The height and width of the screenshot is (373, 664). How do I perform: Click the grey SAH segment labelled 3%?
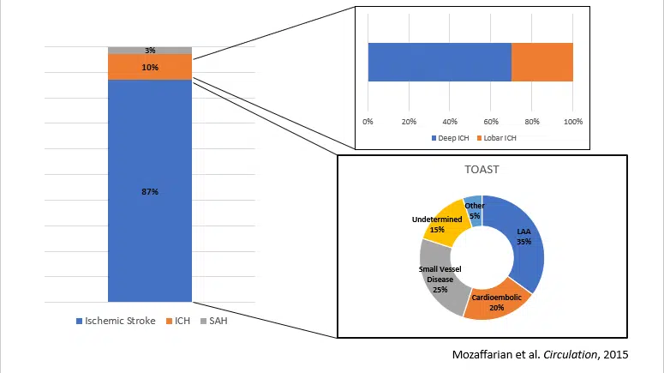pyautogui.click(x=150, y=50)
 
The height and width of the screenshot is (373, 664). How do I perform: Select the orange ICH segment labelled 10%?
pyautogui.click(x=150, y=66)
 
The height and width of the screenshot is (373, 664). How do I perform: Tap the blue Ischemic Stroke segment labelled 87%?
pyautogui.click(x=150, y=190)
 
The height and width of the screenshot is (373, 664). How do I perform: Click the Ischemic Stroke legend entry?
pyautogui.click(x=118, y=321)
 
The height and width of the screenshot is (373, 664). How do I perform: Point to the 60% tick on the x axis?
pyautogui.click(x=491, y=119)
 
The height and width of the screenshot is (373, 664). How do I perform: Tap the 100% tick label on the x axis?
pyautogui.click(x=572, y=119)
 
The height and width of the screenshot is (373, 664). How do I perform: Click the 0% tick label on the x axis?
pyautogui.click(x=368, y=119)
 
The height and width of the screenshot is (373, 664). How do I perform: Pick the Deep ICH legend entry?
pyautogui.click(x=449, y=137)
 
